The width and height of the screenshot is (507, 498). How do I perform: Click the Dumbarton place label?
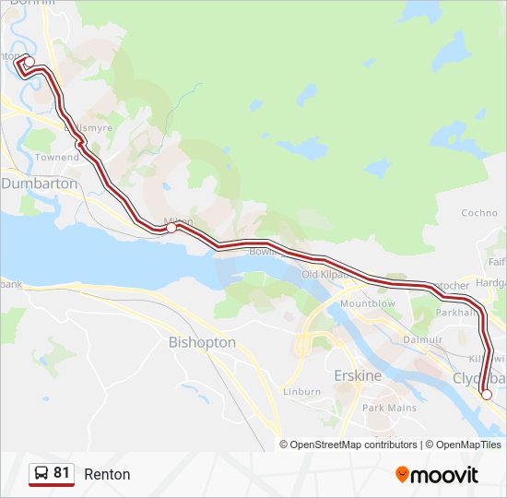coord(40,184)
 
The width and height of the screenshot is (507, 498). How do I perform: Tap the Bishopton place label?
coord(202,342)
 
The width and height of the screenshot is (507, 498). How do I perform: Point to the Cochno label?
coord(479,213)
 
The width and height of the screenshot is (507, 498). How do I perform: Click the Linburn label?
coord(302,392)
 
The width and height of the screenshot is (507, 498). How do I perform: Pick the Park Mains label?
coord(389,408)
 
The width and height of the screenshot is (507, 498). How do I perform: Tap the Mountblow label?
coord(368,303)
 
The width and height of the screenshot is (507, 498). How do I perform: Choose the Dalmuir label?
coord(425,339)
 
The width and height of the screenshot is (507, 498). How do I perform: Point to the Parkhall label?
coord(456,312)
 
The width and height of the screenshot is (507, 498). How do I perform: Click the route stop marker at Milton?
coord(171,227)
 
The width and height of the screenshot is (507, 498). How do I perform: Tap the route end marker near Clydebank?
coord(487,395)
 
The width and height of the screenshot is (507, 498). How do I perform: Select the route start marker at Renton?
coord(29,62)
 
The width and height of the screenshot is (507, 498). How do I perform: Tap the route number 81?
coord(62,473)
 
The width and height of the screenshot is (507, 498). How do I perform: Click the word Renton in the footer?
coord(107,475)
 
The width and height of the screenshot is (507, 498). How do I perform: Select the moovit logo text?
coord(445,475)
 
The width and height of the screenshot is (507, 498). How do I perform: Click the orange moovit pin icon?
coord(402,475)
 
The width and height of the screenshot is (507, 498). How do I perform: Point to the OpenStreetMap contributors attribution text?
coord(353,445)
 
